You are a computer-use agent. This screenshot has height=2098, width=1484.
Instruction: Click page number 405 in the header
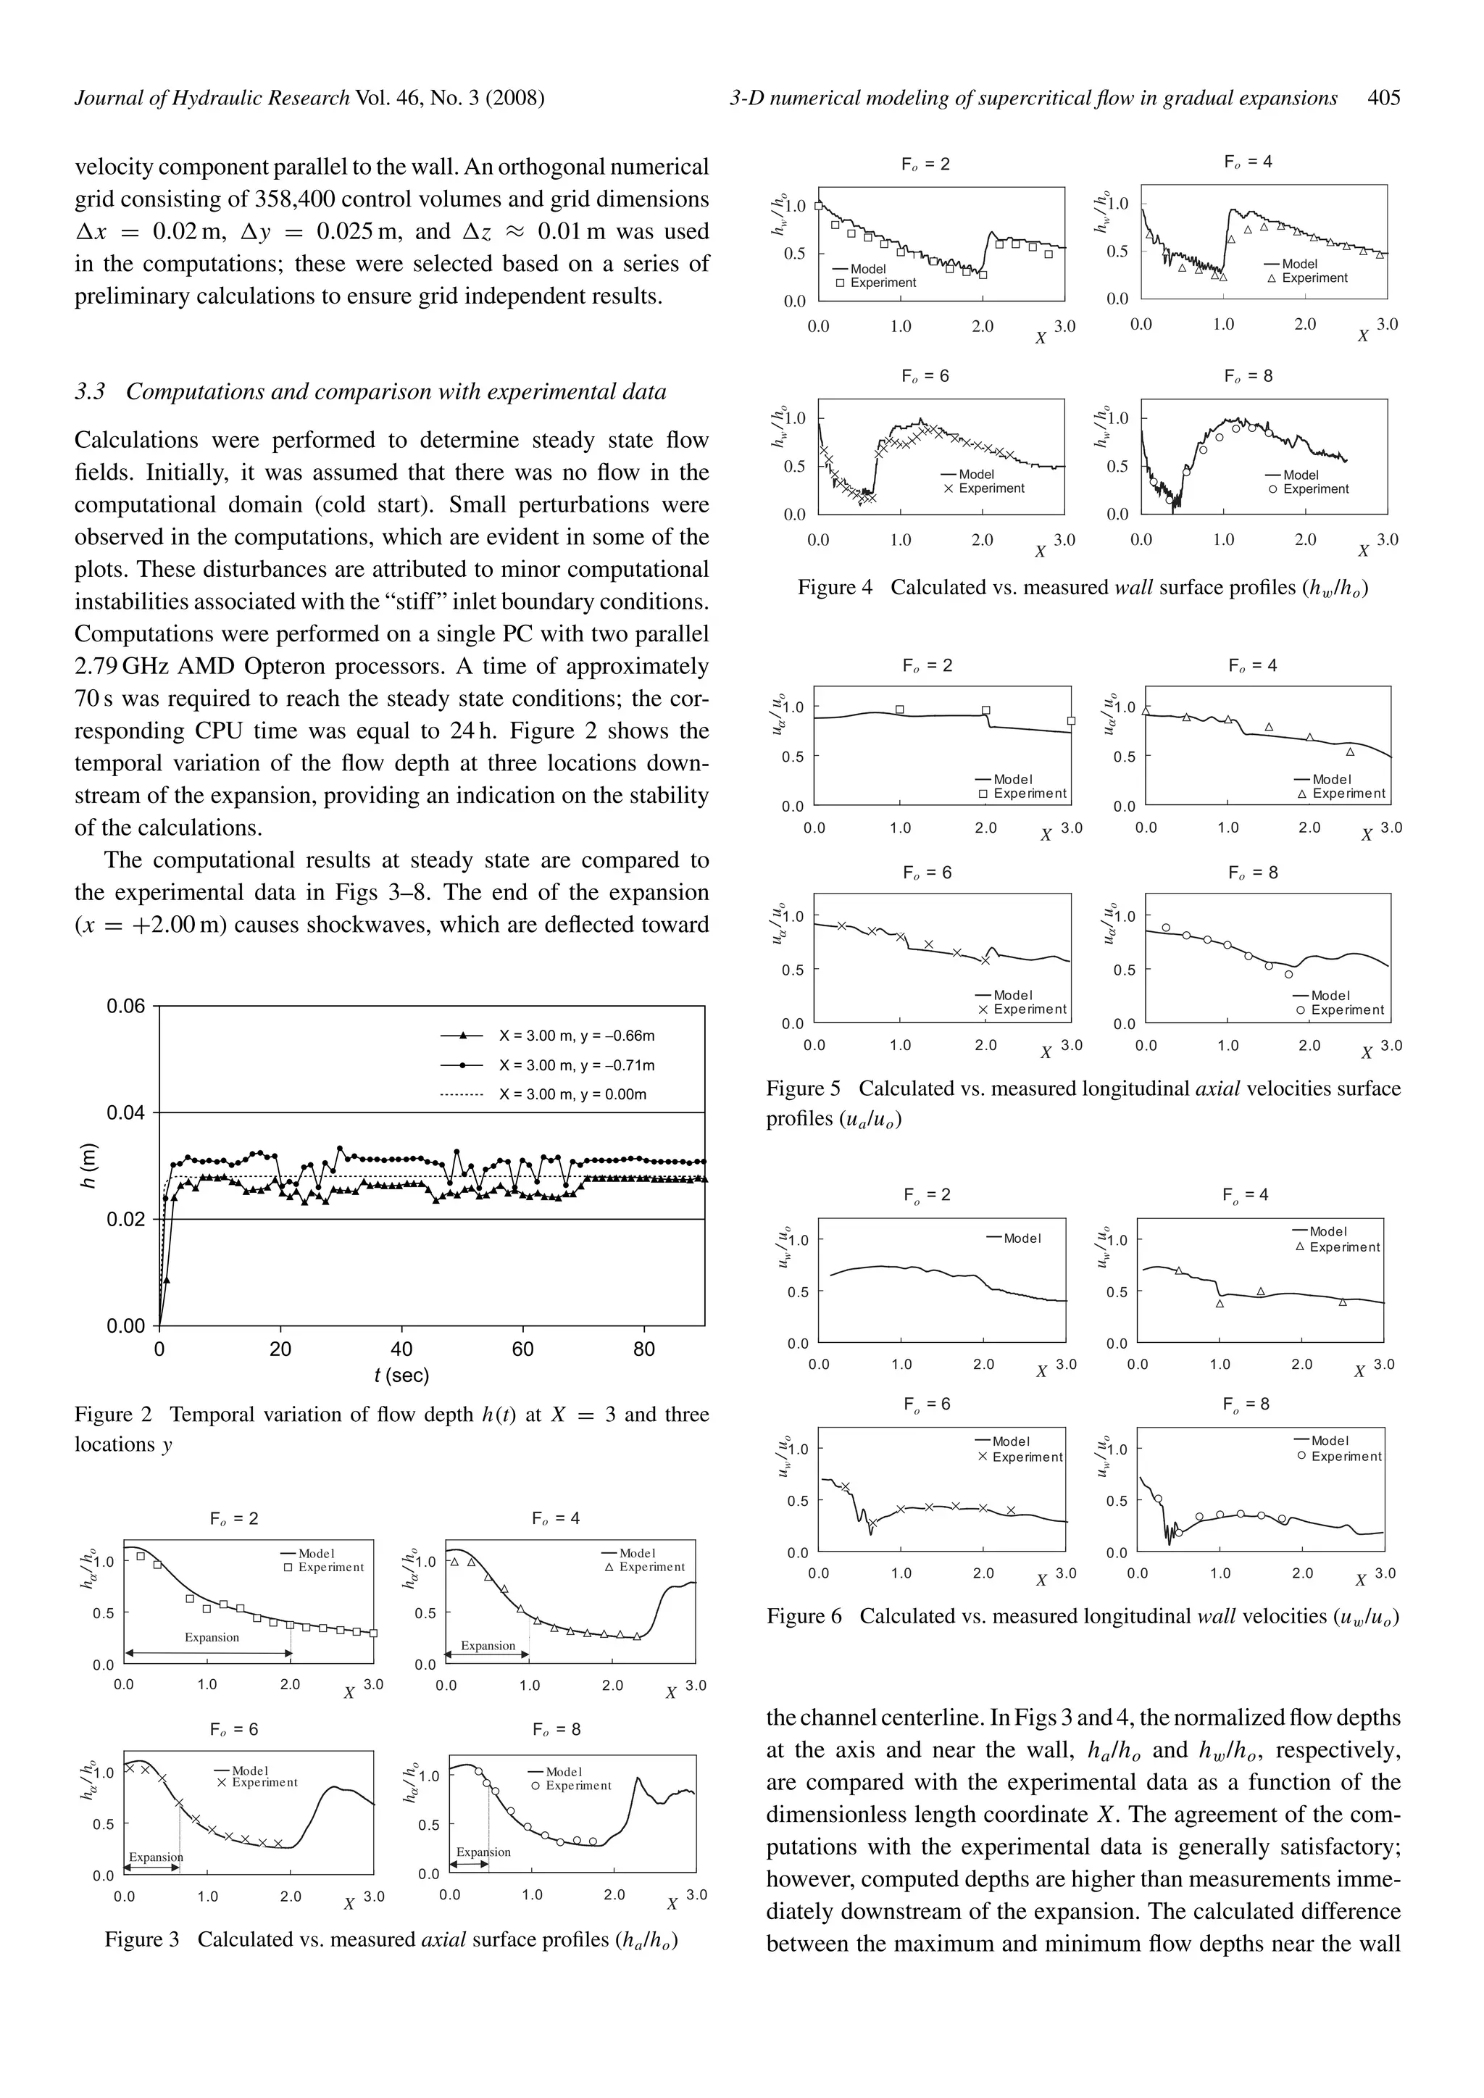click(x=1385, y=98)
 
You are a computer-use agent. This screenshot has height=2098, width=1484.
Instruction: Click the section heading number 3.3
click(x=90, y=392)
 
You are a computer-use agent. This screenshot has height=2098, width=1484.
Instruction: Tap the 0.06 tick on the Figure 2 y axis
click(x=126, y=1007)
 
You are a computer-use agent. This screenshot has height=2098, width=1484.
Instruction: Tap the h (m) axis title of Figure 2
click(x=88, y=1166)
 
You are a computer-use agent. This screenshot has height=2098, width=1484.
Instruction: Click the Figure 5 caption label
click(x=802, y=1088)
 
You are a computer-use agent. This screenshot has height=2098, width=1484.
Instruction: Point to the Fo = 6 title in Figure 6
click(x=927, y=1404)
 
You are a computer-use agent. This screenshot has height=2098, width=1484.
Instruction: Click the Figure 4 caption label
click(x=834, y=588)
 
